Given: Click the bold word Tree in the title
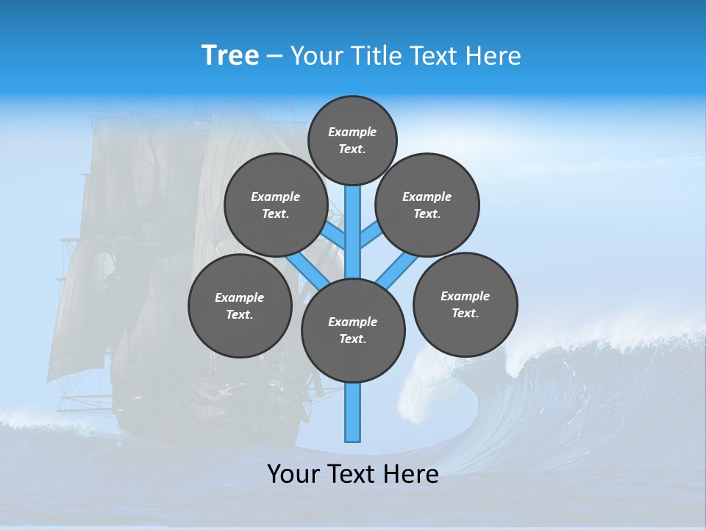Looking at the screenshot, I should coord(230,55).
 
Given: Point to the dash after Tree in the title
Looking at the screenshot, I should coord(275,57).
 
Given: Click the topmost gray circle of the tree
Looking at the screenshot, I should coord(352,140).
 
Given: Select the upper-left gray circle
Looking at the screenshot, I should coord(275,205).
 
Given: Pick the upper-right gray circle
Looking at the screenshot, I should coord(427,205).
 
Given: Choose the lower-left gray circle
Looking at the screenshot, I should coord(240,305).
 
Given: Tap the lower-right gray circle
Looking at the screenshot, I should coord(465,304).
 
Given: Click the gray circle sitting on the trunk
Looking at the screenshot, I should coord(353,331).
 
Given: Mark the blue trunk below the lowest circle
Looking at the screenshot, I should coord(353,412).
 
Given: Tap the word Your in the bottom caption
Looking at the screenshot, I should coord(293,474).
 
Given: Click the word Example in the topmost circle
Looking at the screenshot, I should coord(352,132).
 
